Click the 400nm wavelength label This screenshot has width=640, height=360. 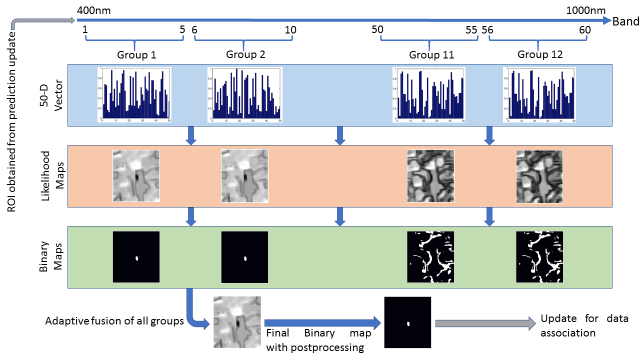pyautogui.click(x=94, y=10)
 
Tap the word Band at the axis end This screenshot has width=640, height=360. pyautogui.click(x=626, y=21)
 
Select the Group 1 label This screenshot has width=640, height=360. pyautogui.click(x=136, y=55)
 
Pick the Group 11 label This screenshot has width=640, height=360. pyautogui.click(x=431, y=55)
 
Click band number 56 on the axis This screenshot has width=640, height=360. pyautogui.click(x=487, y=30)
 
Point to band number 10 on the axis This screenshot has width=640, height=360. pyautogui.click(x=290, y=30)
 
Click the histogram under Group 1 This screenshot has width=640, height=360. pyautogui.click(x=134, y=94)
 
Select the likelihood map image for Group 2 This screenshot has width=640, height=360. pyautogui.click(x=245, y=176)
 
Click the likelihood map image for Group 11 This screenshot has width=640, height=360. pyautogui.click(x=430, y=176)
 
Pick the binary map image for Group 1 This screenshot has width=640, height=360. pyautogui.click(x=136, y=257)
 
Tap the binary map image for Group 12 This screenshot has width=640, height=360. pyautogui.click(x=539, y=257)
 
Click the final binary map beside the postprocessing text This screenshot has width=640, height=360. pyautogui.click(x=407, y=322)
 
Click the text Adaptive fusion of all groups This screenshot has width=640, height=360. pyautogui.click(x=114, y=321)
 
